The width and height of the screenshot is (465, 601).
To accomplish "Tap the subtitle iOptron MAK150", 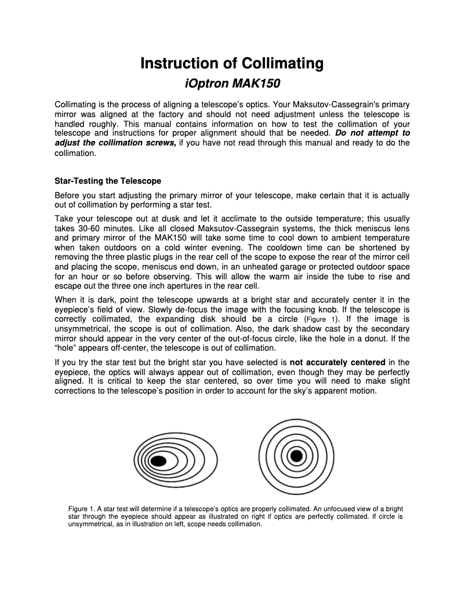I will click(232, 83).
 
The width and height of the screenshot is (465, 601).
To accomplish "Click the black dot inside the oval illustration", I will click(157, 461).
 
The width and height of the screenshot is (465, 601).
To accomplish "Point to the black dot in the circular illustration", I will click(296, 455).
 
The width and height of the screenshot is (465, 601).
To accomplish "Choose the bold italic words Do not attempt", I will click(368, 133).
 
